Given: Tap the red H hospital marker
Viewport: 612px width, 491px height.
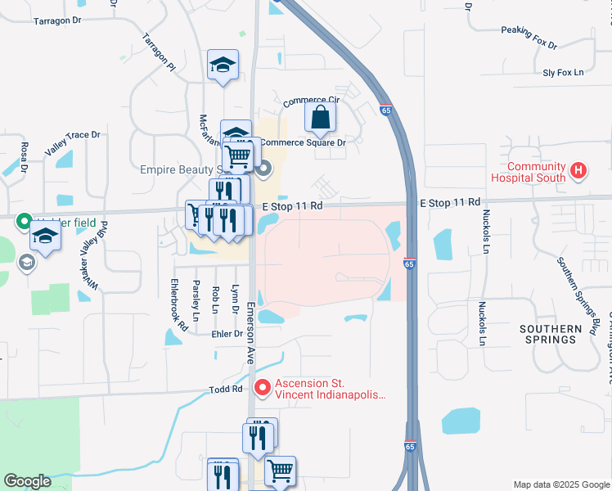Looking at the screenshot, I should (x=579, y=171).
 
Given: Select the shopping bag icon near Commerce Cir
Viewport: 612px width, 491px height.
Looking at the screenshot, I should (x=320, y=118).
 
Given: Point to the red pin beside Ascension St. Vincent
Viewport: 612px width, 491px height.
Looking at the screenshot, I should (x=262, y=387).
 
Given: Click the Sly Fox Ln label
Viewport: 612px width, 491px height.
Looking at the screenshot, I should (x=564, y=73).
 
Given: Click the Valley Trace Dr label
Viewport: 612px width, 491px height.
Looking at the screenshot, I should (x=72, y=143).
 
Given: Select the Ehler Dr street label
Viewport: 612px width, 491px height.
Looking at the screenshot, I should (x=227, y=334).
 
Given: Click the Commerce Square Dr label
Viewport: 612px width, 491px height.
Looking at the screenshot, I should (x=304, y=142).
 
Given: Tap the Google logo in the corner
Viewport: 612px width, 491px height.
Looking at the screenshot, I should (x=27, y=481).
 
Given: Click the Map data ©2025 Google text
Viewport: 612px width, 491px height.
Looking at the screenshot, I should (x=560, y=484).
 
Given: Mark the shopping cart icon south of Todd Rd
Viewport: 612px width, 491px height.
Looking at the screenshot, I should (x=280, y=471).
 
